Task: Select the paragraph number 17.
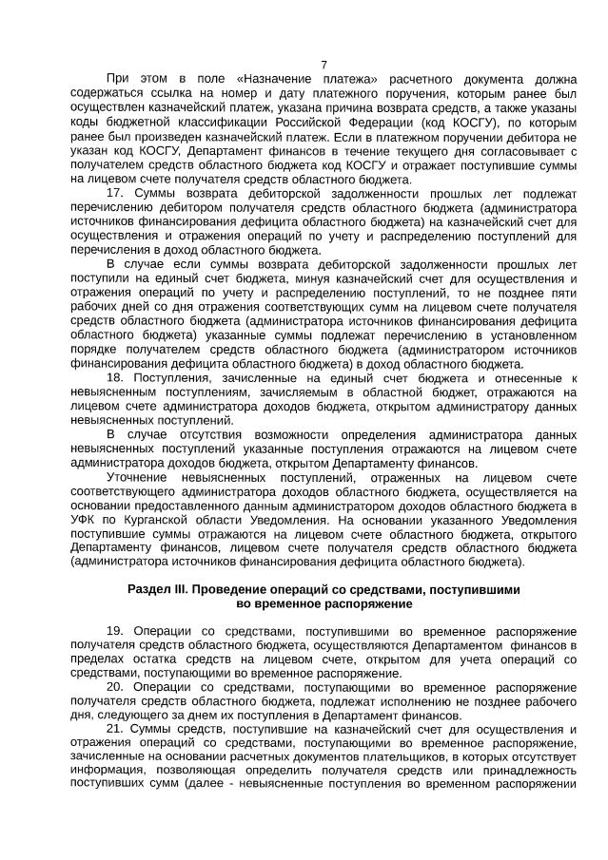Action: pyautogui.click(x=116, y=193)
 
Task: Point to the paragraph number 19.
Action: pyautogui.click(x=116, y=632)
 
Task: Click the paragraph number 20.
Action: pyautogui.click(x=116, y=686)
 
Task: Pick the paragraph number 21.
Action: pyautogui.click(x=116, y=729)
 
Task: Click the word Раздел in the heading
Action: pyautogui.click(x=149, y=589)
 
